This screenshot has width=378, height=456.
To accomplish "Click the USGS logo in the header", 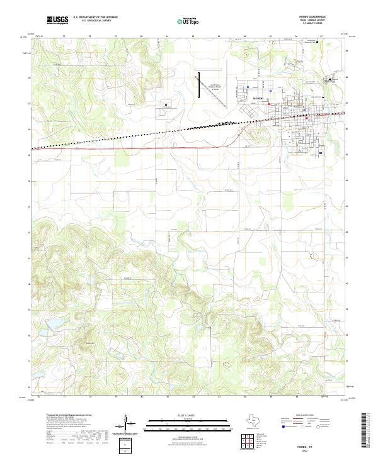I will (x=57, y=20).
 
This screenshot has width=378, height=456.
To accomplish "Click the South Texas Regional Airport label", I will (x=215, y=86).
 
